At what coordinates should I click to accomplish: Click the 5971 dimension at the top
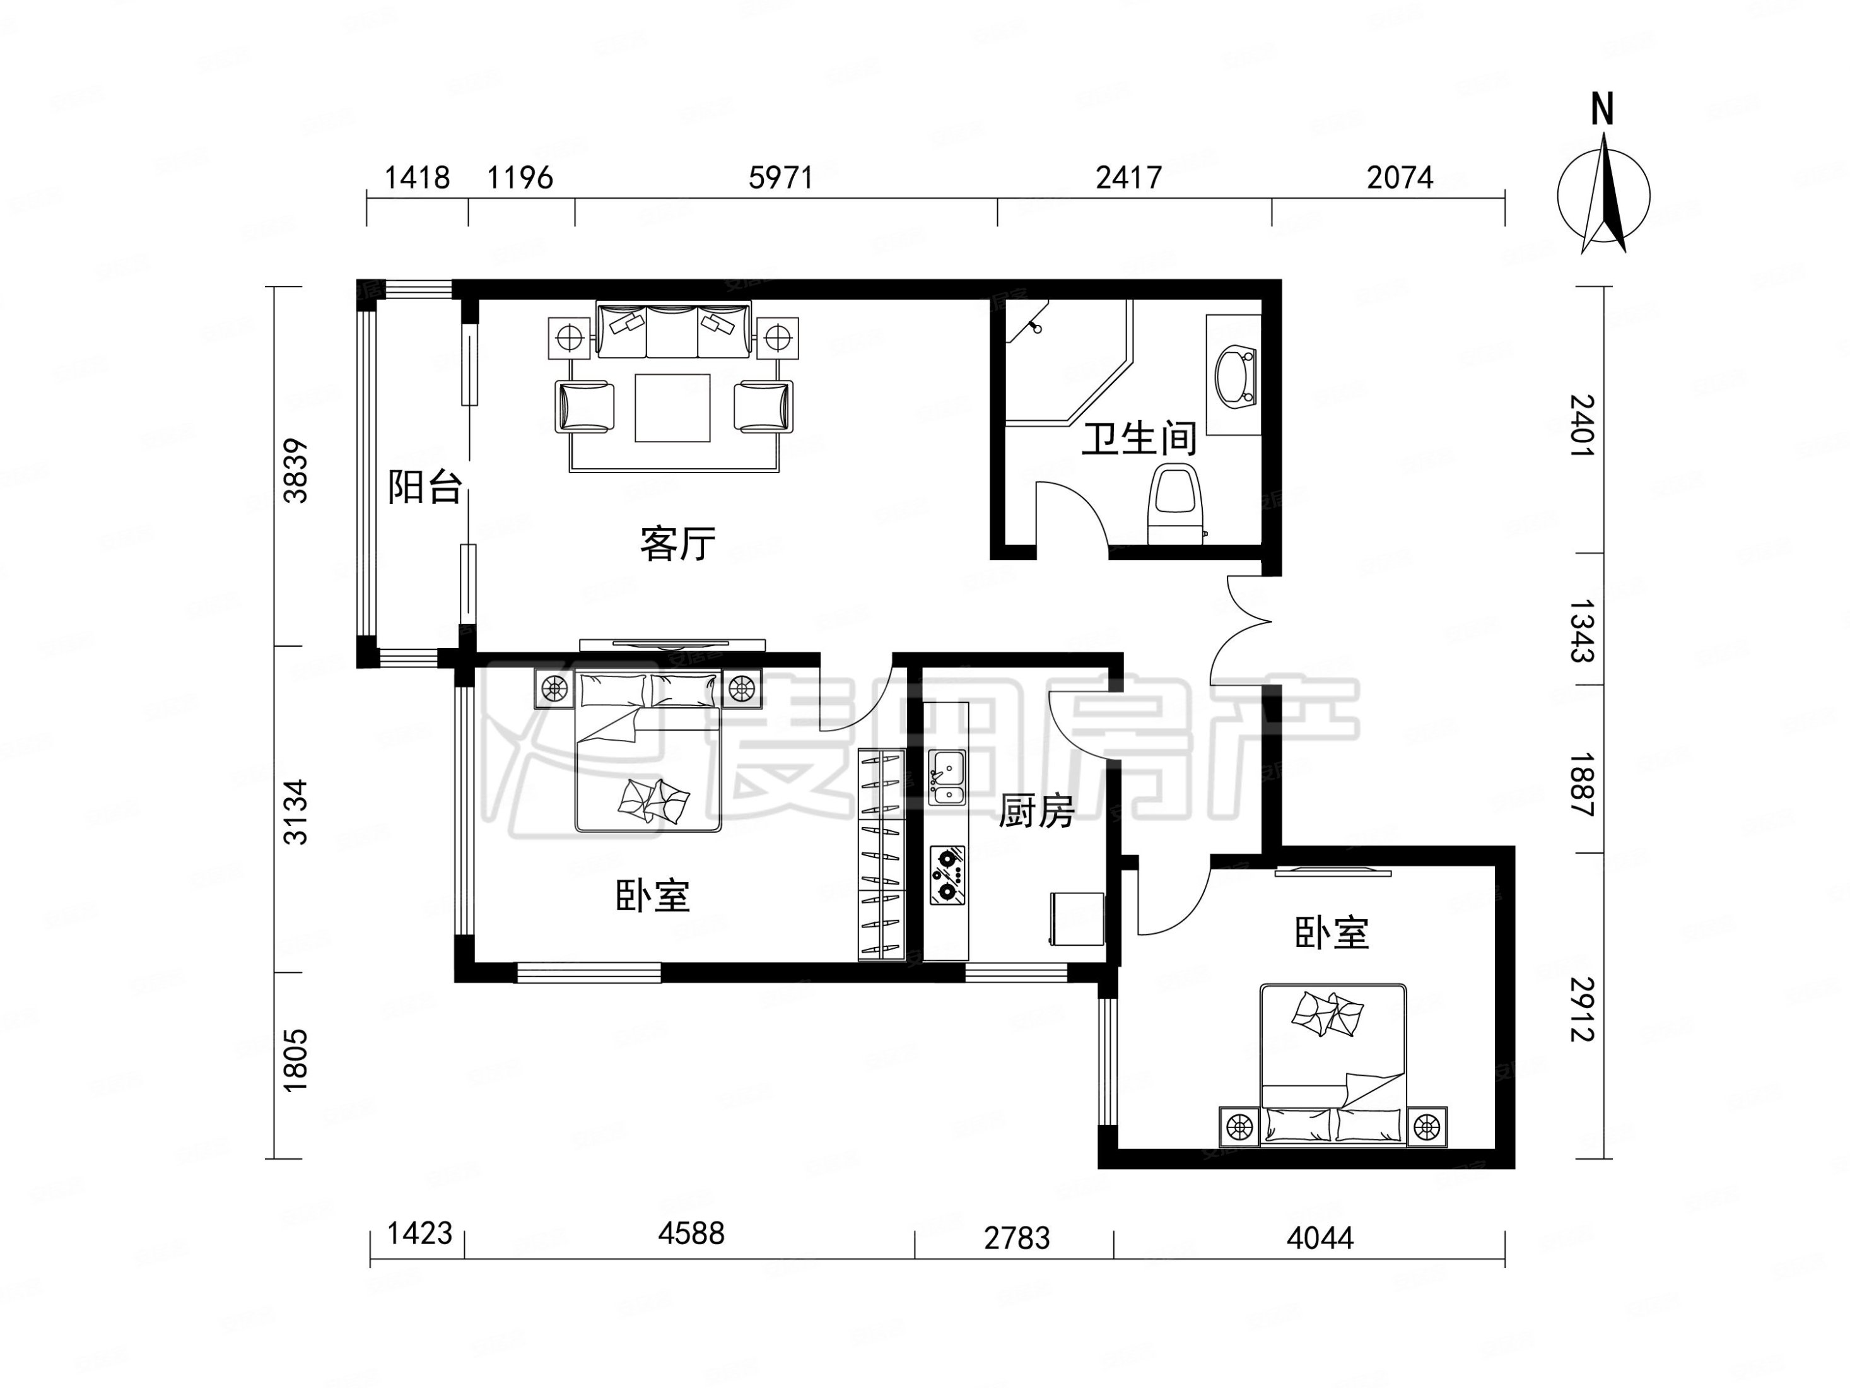[780, 177]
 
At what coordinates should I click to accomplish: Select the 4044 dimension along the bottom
[1320, 1237]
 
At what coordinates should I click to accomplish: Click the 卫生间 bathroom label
[1139, 439]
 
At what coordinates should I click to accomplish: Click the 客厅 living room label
[677, 544]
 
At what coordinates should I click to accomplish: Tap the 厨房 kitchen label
[1036, 811]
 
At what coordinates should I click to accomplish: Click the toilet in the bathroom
[1175, 506]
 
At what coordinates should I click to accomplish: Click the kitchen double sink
[947, 778]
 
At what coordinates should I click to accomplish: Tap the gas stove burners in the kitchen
[947, 875]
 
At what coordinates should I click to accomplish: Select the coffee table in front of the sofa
[672, 408]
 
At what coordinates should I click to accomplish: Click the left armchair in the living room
[584, 406]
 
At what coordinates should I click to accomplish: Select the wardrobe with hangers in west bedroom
[882, 854]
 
